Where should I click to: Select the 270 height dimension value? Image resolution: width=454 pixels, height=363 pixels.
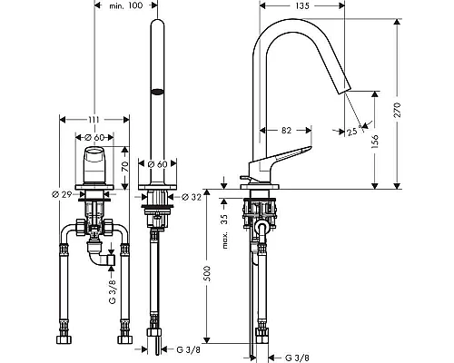point(397,110)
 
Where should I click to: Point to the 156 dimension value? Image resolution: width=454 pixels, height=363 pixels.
point(375,142)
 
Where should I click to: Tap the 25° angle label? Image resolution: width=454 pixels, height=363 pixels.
point(354,132)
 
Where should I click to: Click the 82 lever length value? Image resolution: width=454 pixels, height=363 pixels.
point(286,131)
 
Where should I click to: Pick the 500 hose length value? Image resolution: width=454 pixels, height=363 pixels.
point(207,273)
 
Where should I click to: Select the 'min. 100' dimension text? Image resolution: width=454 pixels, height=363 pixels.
point(126,5)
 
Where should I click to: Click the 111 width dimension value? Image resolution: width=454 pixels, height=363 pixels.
point(94,120)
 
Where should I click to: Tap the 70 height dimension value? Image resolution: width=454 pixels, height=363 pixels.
point(125,167)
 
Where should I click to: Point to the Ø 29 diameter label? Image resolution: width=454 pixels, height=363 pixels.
point(62,194)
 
